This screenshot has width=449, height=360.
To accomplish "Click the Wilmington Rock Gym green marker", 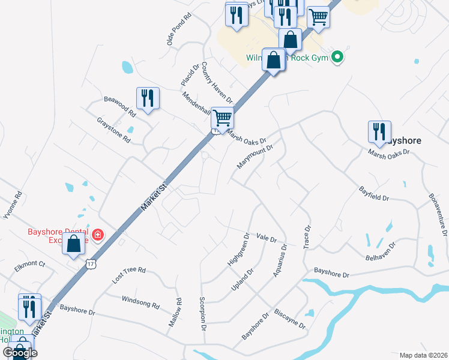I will [337, 58].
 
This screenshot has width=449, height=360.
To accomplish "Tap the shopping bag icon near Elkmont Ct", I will [73, 244].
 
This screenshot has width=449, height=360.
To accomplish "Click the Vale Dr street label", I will [266, 238].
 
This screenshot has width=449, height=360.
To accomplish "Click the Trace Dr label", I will [308, 238].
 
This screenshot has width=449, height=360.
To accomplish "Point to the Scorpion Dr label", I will [203, 315].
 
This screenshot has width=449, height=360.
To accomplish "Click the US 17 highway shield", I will [90, 263].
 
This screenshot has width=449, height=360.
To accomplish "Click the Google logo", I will [20, 352].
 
